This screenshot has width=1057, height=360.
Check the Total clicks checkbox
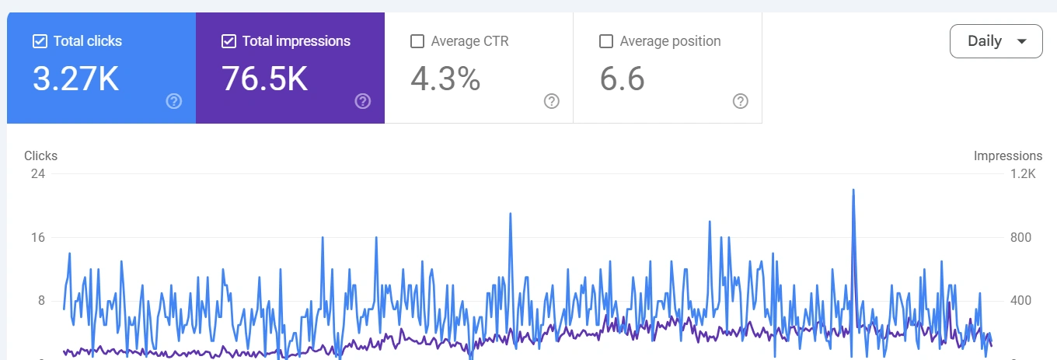(x=40, y=41)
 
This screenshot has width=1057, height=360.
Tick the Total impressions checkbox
(x=228, y=41)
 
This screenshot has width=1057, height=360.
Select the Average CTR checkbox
(x=417, y=41)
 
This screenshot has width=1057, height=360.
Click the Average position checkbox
(x=606, y=41)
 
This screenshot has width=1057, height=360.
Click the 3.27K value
(x=75, y=79)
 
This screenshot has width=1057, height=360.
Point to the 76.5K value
(x=264, y=79)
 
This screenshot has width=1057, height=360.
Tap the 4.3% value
(x=445, y=79)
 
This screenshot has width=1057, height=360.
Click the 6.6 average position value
(x=622, y=79)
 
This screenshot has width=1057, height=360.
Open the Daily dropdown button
(x=996, y=41)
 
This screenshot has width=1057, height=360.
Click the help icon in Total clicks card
(x=174, y=101)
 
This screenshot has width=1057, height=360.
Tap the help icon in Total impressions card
(x=363, y=101)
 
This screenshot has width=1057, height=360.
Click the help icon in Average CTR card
(x=552, y=101)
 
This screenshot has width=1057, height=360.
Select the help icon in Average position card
(x=741, y=101)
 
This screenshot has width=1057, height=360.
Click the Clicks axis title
(x=40, y=156)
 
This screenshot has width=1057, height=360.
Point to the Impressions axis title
(x=1007, y=156)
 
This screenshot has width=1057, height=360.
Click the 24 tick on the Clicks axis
(x=37, y=173)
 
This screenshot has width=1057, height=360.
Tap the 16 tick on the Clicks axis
(x=37, y=237)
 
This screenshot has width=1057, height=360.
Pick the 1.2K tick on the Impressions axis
(x=1022, y=173)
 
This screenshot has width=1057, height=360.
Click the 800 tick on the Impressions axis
(x=1020, y=237)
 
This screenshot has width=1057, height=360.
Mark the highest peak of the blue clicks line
(x=853, y=190)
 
